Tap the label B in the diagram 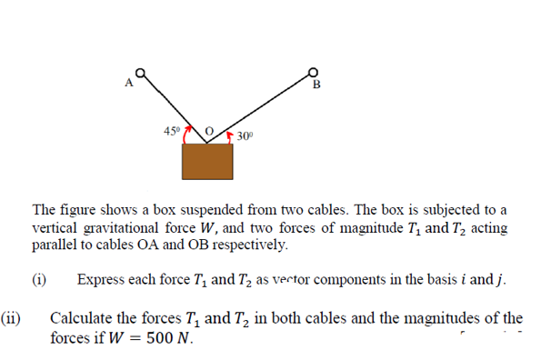tap(316, 85)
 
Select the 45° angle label tap(171, 131)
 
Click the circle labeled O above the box tap(208, 133)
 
